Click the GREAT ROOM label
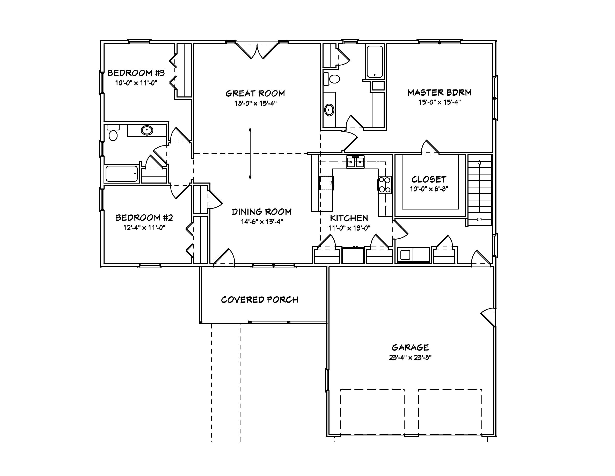[255, 93]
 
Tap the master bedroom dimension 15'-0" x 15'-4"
[440, 102]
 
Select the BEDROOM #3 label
[136, 73]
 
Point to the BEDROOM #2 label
[144, 218]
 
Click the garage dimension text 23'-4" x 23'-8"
[410, 358]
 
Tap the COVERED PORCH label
[259, 299]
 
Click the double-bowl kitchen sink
[355, 162]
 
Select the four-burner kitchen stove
[385, 185]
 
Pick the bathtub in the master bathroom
[375, 61]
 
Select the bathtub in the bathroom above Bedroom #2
[122, 173]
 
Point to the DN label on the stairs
[479, 219]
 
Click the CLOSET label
[429, 179]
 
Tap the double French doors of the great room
[257, 51]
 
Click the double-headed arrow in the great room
[250, 154]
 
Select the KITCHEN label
[349, 218]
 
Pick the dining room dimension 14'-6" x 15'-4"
[262, 222]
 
